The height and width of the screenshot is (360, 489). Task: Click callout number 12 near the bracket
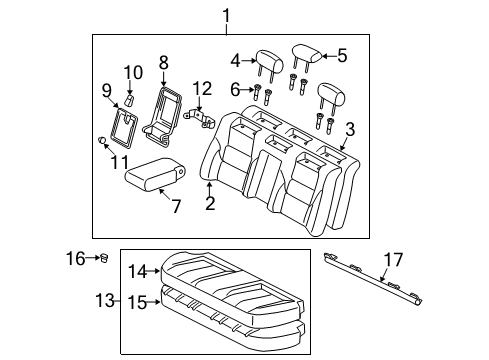point(203,89)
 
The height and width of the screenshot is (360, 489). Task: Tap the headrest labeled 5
point(305,53)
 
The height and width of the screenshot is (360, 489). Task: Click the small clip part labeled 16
point(103,259)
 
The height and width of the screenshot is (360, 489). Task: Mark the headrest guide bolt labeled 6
point(257,96)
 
